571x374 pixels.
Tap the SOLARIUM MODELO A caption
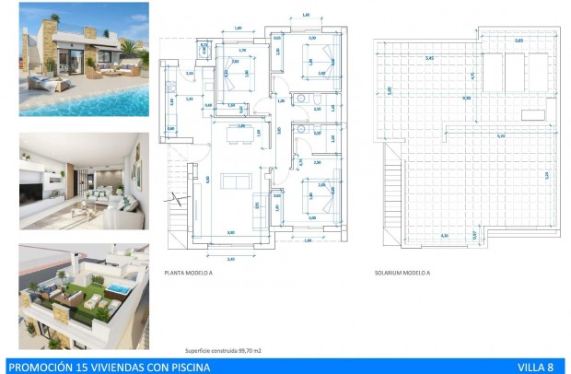pos(402,273)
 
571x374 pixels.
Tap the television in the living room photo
pos(31,192)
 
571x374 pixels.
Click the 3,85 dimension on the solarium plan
pos(519,41)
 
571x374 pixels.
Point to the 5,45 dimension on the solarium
pos(428,58)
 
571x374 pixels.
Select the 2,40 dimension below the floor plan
pos(229,259)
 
